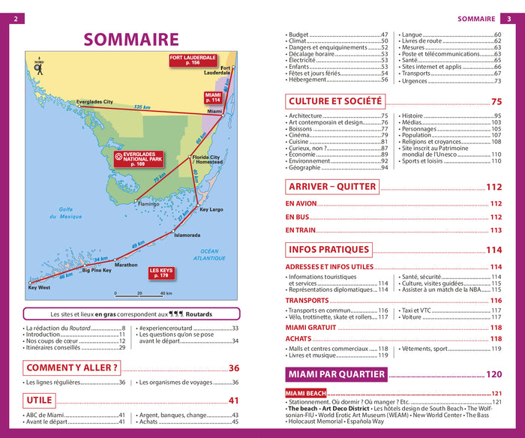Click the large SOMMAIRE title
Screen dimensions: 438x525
(x=130, y=39)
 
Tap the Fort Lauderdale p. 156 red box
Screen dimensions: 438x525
(x=193, y=61)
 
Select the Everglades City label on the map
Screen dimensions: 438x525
(x=94, y=102)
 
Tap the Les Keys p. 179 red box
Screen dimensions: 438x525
(x=161, y=272)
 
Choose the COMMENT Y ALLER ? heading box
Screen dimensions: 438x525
(x=72, y=367)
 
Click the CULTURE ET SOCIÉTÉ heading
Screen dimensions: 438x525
(x=334, y=100)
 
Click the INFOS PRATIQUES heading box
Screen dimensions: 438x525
(x=328, y=250)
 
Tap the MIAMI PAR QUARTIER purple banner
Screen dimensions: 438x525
(x=335, y=374)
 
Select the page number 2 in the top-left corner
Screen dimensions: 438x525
(x=15, y=18)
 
